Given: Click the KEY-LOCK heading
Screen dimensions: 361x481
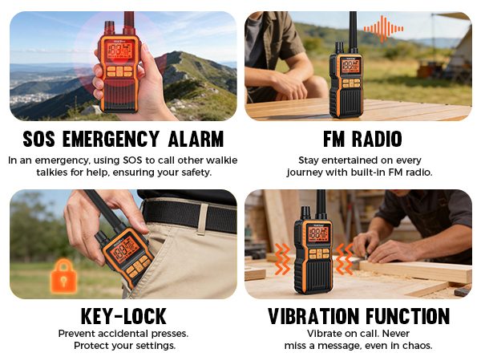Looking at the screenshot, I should pos(123,315).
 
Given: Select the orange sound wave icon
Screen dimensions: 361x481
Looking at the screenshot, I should pos(383,30).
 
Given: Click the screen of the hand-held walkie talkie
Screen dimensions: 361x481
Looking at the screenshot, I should pos(119,51).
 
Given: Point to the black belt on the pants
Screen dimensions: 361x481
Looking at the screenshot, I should pos(192,215).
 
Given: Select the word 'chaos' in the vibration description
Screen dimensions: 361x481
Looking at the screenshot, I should pos(415,346).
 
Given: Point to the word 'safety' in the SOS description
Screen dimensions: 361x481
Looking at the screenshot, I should pos(192,172).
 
